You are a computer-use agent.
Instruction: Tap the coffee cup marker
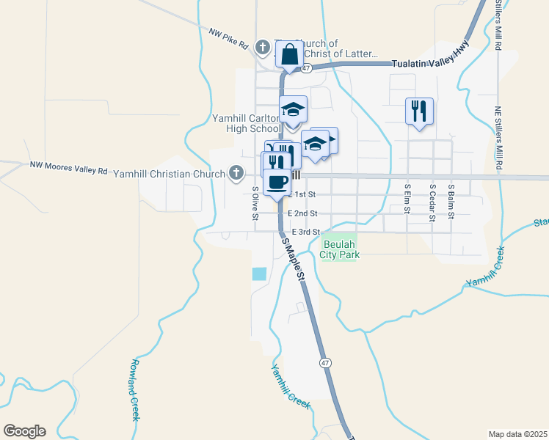click(x=277, y=181)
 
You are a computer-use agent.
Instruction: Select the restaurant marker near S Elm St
click(x=419, y=111)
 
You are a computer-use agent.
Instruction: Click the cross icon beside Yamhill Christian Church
click(x=236, y=173)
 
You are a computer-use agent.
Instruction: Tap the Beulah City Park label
click(x=340, y=249)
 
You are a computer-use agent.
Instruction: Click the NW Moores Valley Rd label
click(x=68, y=168)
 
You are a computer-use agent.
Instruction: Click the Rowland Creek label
click(x=135, y=389)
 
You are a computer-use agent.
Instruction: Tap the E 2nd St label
click(x=302, y=213)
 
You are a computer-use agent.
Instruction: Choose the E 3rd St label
click(x=306, y=232)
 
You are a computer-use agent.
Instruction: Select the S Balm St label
click(x=452, y=199)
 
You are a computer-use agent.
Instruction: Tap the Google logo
click(x=24, y=431)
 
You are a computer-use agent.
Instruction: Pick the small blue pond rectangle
click(x=259, y=274)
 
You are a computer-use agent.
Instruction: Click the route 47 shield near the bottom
click(x=324, y=362)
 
